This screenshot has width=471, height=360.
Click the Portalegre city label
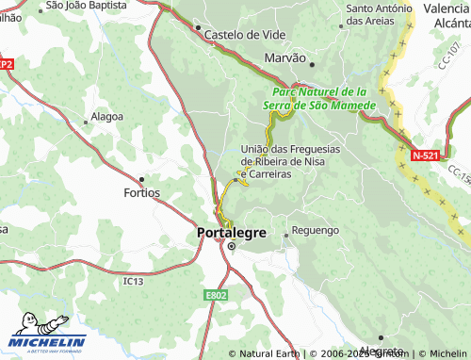coord(231,232)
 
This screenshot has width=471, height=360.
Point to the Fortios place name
coord(141,192)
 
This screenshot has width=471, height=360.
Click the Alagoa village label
coord(104,117)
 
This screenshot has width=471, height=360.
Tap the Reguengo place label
coord(316,230)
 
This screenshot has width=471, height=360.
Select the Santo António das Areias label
coord(380,14)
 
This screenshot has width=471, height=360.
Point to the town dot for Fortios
coord(141,179)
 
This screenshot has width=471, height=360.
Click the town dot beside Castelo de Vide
coord(198,28)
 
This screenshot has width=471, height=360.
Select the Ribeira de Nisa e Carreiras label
coord(289,161)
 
